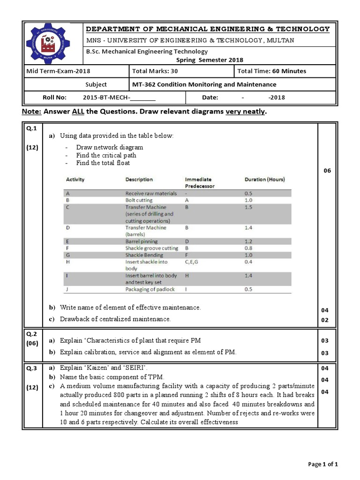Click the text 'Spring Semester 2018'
(x=210, y=60)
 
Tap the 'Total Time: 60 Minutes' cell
(x=272, y=71)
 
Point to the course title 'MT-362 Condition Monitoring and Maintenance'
(x=205, y=84)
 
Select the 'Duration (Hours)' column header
(x=264, y=180)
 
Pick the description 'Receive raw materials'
(x=151, y=193)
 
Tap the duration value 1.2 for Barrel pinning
(x=248, y=241)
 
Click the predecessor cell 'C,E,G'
(x=192, y=262)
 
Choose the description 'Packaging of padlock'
(x=150, y=289)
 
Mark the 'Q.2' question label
(x=31, y=334)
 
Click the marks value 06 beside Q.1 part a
(x=327, y=171)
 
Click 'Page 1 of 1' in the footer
(x=322, y=464)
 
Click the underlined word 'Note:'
(x=32, y=112)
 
